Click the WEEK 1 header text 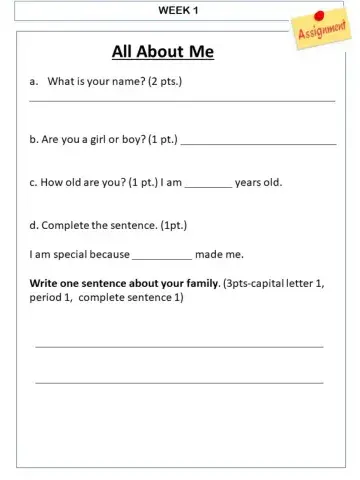[x=179, y=9]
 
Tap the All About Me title [x=162, y=52]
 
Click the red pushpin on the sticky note [x=319, y=16]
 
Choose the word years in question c [x=249, y=183]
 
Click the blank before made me [x=161, y=258]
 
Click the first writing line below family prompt [x=179, y=347]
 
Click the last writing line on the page [x=179, y=382]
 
